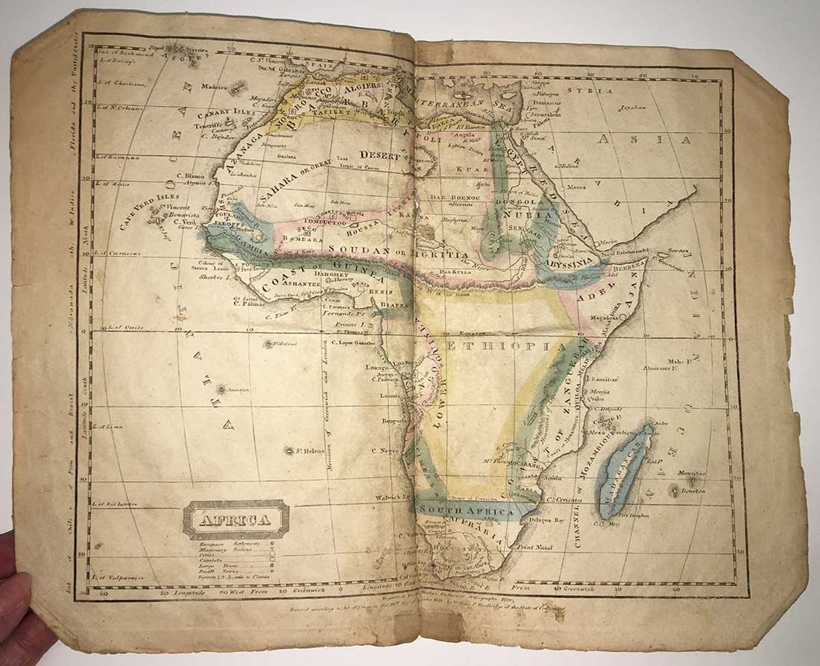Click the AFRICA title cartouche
pos(236,520)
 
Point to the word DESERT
pos(381,155)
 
